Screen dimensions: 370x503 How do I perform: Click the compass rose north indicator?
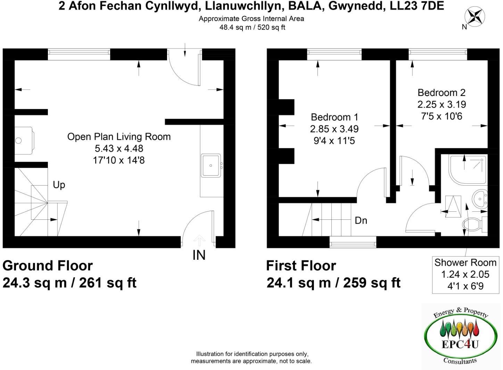tap(475, 17)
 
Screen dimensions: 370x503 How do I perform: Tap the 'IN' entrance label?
tap(199, 255)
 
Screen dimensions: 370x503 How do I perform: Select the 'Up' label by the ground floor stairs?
tap(59, 185)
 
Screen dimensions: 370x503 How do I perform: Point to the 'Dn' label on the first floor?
tap(361, 220)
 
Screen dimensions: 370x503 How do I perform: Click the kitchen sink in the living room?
tap(211, 166)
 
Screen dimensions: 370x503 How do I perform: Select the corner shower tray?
tap(468, 169)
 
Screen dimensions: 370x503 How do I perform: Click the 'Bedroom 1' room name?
tap(334, 117)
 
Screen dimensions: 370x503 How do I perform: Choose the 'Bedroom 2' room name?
tap(441, 93)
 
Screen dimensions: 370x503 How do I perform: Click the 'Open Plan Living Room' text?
tap(119, 137)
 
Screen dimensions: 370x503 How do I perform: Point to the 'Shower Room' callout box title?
tap(465, 263)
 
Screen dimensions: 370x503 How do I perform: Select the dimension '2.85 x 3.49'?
tap(334, 129)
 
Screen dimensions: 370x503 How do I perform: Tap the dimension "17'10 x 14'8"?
tap(119, 160)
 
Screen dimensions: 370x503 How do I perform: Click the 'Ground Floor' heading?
tap(48, 266)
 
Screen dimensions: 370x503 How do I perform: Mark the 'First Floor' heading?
tap(301, 266)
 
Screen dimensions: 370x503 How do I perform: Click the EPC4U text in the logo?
tap(460, 344)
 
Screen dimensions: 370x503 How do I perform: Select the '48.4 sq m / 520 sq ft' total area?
tap(252, 27)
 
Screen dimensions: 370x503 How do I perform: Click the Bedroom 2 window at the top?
tap(438, 52)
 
